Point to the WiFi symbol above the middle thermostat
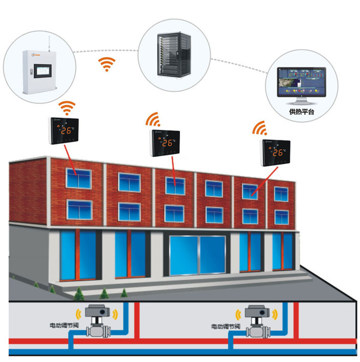[154, 120]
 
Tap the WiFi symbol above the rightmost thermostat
[260, 128]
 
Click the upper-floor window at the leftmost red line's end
[78, 178]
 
